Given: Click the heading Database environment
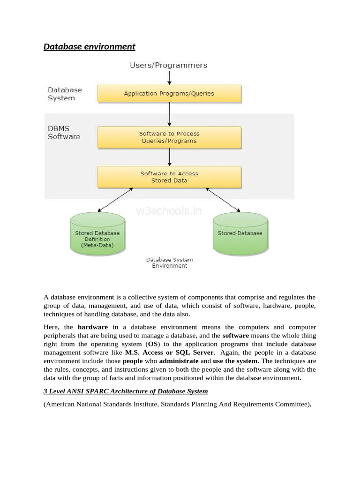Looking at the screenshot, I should click(x=89, y=46).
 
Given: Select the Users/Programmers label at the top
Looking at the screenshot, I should click(x=168, y=65).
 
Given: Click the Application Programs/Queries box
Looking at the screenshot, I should click(x=169, y=93).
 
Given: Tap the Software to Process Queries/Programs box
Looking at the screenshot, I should click(x=169, y=137).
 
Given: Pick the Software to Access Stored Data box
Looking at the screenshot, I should click(x=169, y=177).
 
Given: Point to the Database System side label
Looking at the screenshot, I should click(x=65, y=94).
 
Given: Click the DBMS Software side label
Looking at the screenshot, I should click(x=64, y=133).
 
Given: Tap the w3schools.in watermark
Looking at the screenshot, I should click(x=169, y=211).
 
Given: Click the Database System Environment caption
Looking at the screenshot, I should click(x=169, y=262).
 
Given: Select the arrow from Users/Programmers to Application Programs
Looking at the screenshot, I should click(x=169, y=77).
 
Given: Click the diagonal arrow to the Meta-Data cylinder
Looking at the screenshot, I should click(x=115, y=200).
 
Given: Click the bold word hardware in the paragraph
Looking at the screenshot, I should click(x=92, y=327).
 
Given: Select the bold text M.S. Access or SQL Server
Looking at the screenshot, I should click(x=169, y=352).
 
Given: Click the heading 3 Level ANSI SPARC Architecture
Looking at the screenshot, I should click(x=126, y=391).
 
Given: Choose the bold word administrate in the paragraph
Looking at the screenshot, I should click(x=179, y=361).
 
